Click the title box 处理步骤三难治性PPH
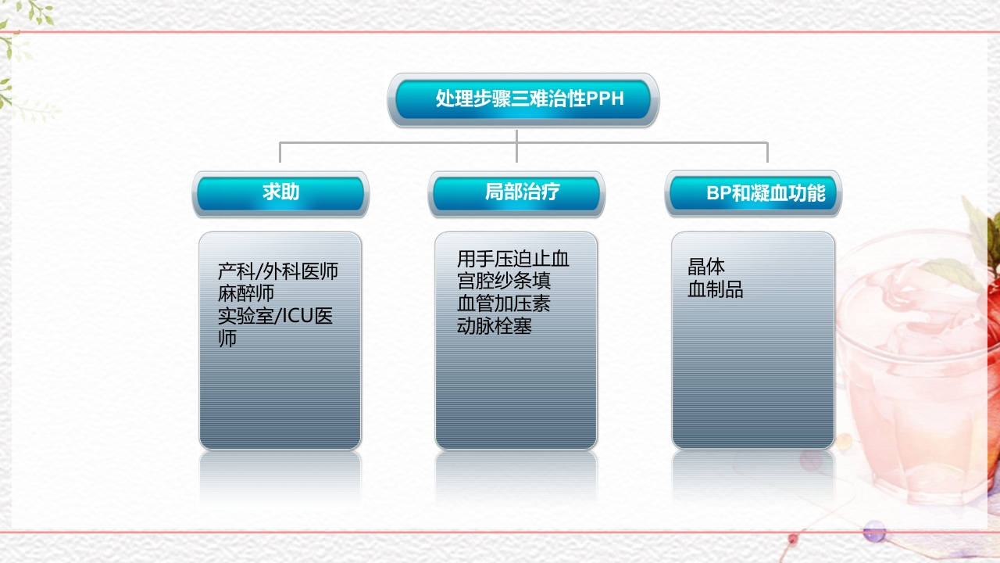[x=523, y=99]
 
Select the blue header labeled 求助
[x=280, y=192]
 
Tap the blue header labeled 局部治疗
[x=516, y=192]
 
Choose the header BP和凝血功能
[x=753, y=193]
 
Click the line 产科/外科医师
[x=278, y=272]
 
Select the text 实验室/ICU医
[x=276, y=317]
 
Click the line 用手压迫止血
[x=513, y=259]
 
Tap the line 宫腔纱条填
[x=504, y=281]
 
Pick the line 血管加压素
[x=504, y=303]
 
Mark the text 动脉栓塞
[x=495, y=326]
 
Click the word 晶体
[x=706, y=267]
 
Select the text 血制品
[x=716, y=290]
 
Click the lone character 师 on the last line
[x=227, y=339]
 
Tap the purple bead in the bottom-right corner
[x=873, y=534]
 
